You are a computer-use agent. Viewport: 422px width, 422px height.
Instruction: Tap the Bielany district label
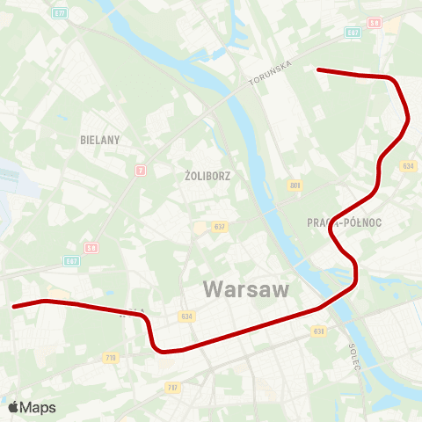(99, 139)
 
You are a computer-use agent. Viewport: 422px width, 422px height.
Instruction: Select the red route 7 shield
(140, 170)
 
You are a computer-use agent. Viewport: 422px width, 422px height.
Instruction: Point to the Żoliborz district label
(208, 175)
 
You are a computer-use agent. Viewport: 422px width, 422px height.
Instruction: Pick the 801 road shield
(295, 185)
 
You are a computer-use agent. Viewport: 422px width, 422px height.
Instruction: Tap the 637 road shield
(219, 228)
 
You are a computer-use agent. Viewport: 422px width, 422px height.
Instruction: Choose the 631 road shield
(318, 331)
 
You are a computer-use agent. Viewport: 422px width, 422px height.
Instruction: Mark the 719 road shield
(111, 357)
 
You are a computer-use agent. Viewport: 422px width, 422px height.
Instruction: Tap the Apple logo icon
(13, 407)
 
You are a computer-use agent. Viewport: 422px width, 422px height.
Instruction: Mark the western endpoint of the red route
(14, 307)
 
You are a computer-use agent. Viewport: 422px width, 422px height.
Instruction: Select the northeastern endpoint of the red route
(318, 69)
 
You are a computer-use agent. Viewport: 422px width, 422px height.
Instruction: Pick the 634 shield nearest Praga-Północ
(408, 165)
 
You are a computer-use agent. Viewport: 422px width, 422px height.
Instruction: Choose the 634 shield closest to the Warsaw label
(186, 316)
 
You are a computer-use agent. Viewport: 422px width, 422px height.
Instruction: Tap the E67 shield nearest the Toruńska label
(353, 32)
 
